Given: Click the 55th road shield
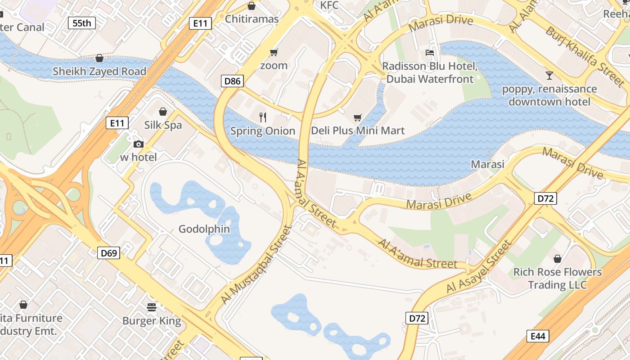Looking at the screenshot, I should [81, 23].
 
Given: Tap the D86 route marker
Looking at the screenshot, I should [233, 81].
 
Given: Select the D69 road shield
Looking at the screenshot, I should [108, 253].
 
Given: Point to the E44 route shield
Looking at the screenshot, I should [538, 336].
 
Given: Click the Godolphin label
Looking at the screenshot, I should [204, 229].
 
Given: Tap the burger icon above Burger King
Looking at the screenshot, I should [152, 307].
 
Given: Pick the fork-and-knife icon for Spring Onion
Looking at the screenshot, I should [263, 117].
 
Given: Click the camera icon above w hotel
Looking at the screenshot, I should [139, 144].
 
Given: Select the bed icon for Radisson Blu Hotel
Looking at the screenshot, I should [430, 53].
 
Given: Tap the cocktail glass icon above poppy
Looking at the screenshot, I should [549, 75].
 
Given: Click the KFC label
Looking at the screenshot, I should [329, 5].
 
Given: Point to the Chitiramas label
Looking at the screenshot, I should [252, 19].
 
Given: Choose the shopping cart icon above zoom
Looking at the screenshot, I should [274, 53].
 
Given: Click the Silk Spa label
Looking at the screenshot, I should [163, 125].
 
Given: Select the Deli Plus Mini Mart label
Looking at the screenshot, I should [358, 131].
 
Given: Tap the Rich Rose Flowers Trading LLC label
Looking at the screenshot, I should [558, 278].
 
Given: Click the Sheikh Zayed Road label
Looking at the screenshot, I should [99, 72].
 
